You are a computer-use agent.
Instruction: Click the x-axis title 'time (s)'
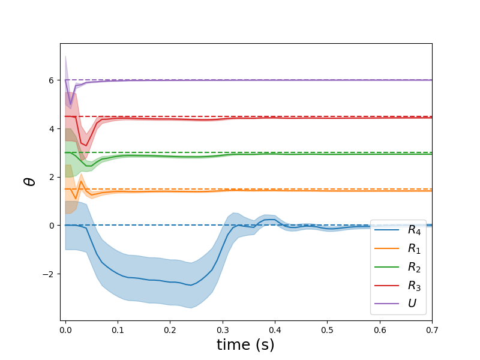(x=245, y=344)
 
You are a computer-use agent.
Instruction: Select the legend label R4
(x=413, y=230)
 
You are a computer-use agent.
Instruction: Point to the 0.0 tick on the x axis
(x=65, y=329)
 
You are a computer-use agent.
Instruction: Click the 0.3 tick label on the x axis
(x=223, y=329)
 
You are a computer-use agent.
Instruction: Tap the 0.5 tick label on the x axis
(x=327, y=329)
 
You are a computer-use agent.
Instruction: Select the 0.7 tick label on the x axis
(x=432, y=329)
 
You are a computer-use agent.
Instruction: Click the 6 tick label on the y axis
(x=52, y=80)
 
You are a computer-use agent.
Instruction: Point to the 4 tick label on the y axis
(x=52, y=128)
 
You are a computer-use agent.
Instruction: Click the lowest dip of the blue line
(x=191, y=285)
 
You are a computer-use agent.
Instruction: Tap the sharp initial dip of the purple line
(x=71, y=104)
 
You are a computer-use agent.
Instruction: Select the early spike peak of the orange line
(x=81, y=182)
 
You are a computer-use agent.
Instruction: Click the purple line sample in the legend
(x=386, y=304)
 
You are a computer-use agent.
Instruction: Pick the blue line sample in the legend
(x=386, y=230)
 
